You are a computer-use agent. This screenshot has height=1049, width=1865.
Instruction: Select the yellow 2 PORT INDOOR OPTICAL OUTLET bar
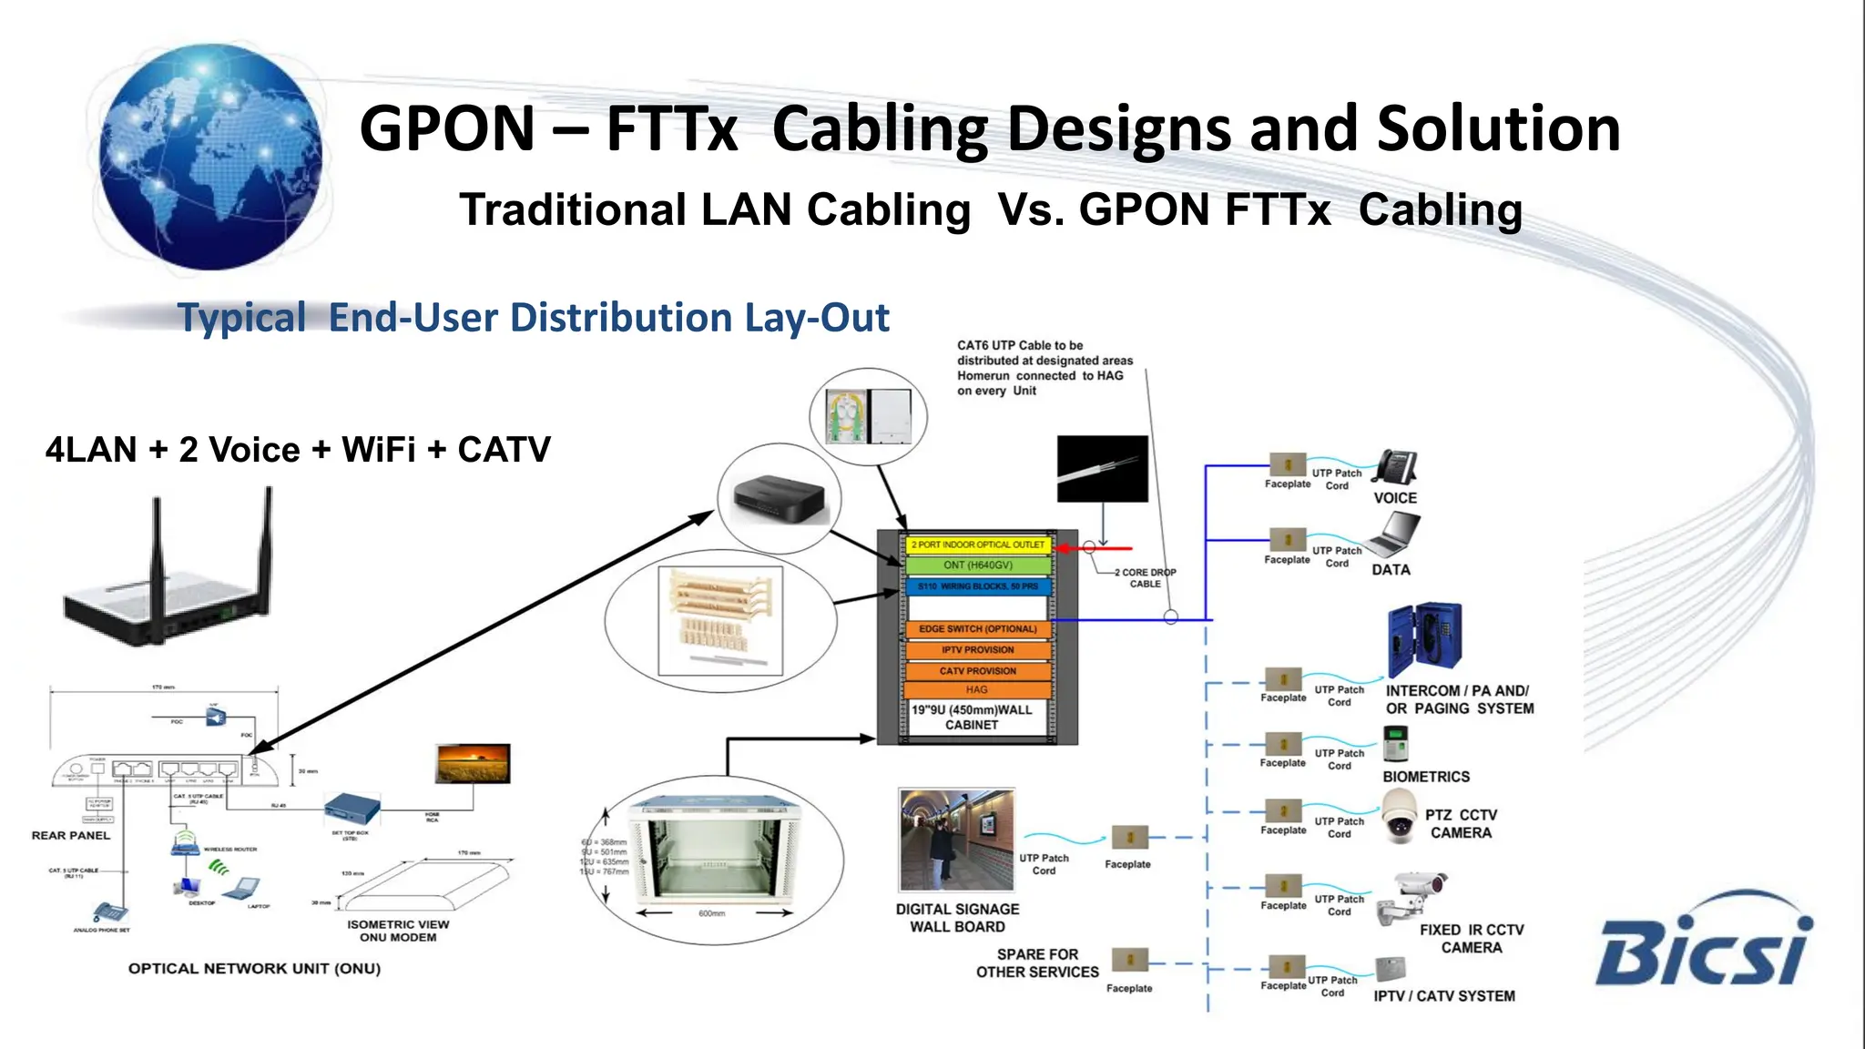coord(977,545)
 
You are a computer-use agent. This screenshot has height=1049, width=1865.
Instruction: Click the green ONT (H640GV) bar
coord(977,565)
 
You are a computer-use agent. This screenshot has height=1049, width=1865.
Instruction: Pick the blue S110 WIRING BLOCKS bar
coord(977,586)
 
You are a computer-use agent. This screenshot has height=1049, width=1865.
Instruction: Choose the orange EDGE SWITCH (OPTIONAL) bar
coord(977,629)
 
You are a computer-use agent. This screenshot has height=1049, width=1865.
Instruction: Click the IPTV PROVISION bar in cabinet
coord(977,650)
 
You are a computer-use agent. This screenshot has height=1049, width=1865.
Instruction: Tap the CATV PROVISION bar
coord(977,671)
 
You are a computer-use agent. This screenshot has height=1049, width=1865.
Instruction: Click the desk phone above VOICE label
coord(1395,468)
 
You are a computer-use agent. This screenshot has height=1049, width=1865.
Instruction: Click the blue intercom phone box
coord(1423,639)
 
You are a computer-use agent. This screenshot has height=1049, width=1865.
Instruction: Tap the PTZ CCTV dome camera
coord(1400,814)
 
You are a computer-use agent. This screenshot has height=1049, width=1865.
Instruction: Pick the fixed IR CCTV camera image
coord(1410,896)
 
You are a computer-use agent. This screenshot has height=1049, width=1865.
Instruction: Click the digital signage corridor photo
coord(956,840)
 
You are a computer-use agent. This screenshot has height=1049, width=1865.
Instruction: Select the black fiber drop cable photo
coord(1102,469)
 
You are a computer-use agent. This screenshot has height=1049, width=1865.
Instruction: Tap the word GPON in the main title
coord(446,129)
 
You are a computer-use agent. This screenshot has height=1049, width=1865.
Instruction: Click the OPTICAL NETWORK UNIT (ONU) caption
coord(254,969)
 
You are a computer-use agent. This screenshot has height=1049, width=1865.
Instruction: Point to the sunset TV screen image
coord(473,764)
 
